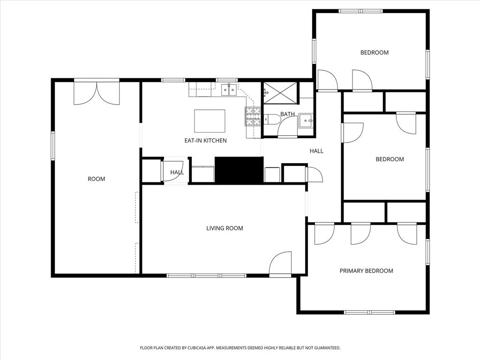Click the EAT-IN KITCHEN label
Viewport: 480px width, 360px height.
tap(205, 141)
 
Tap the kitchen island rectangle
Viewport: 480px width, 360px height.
tap(210, 121)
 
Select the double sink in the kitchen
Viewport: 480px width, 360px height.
tap(228, 89)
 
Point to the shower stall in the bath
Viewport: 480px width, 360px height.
tap(280, 92)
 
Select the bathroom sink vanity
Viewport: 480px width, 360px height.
tap(306, 120)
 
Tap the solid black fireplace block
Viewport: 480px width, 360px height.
tap(239, 170)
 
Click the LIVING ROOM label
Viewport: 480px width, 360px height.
tap(225, 229)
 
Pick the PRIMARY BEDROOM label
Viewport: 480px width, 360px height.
tap(366, 271)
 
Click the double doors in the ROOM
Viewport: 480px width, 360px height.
tap(97, 93)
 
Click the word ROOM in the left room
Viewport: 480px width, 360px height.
tap(97, 179)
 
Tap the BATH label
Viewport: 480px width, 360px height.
tap(287, 114)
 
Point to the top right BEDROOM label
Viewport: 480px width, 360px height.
tap(374, 52)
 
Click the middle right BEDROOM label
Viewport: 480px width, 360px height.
tap(390, 159)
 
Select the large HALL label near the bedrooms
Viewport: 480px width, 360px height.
tap(316, 151)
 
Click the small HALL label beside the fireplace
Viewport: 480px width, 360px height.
tap(177, 172)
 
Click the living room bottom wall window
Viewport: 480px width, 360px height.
tap(207, 276)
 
